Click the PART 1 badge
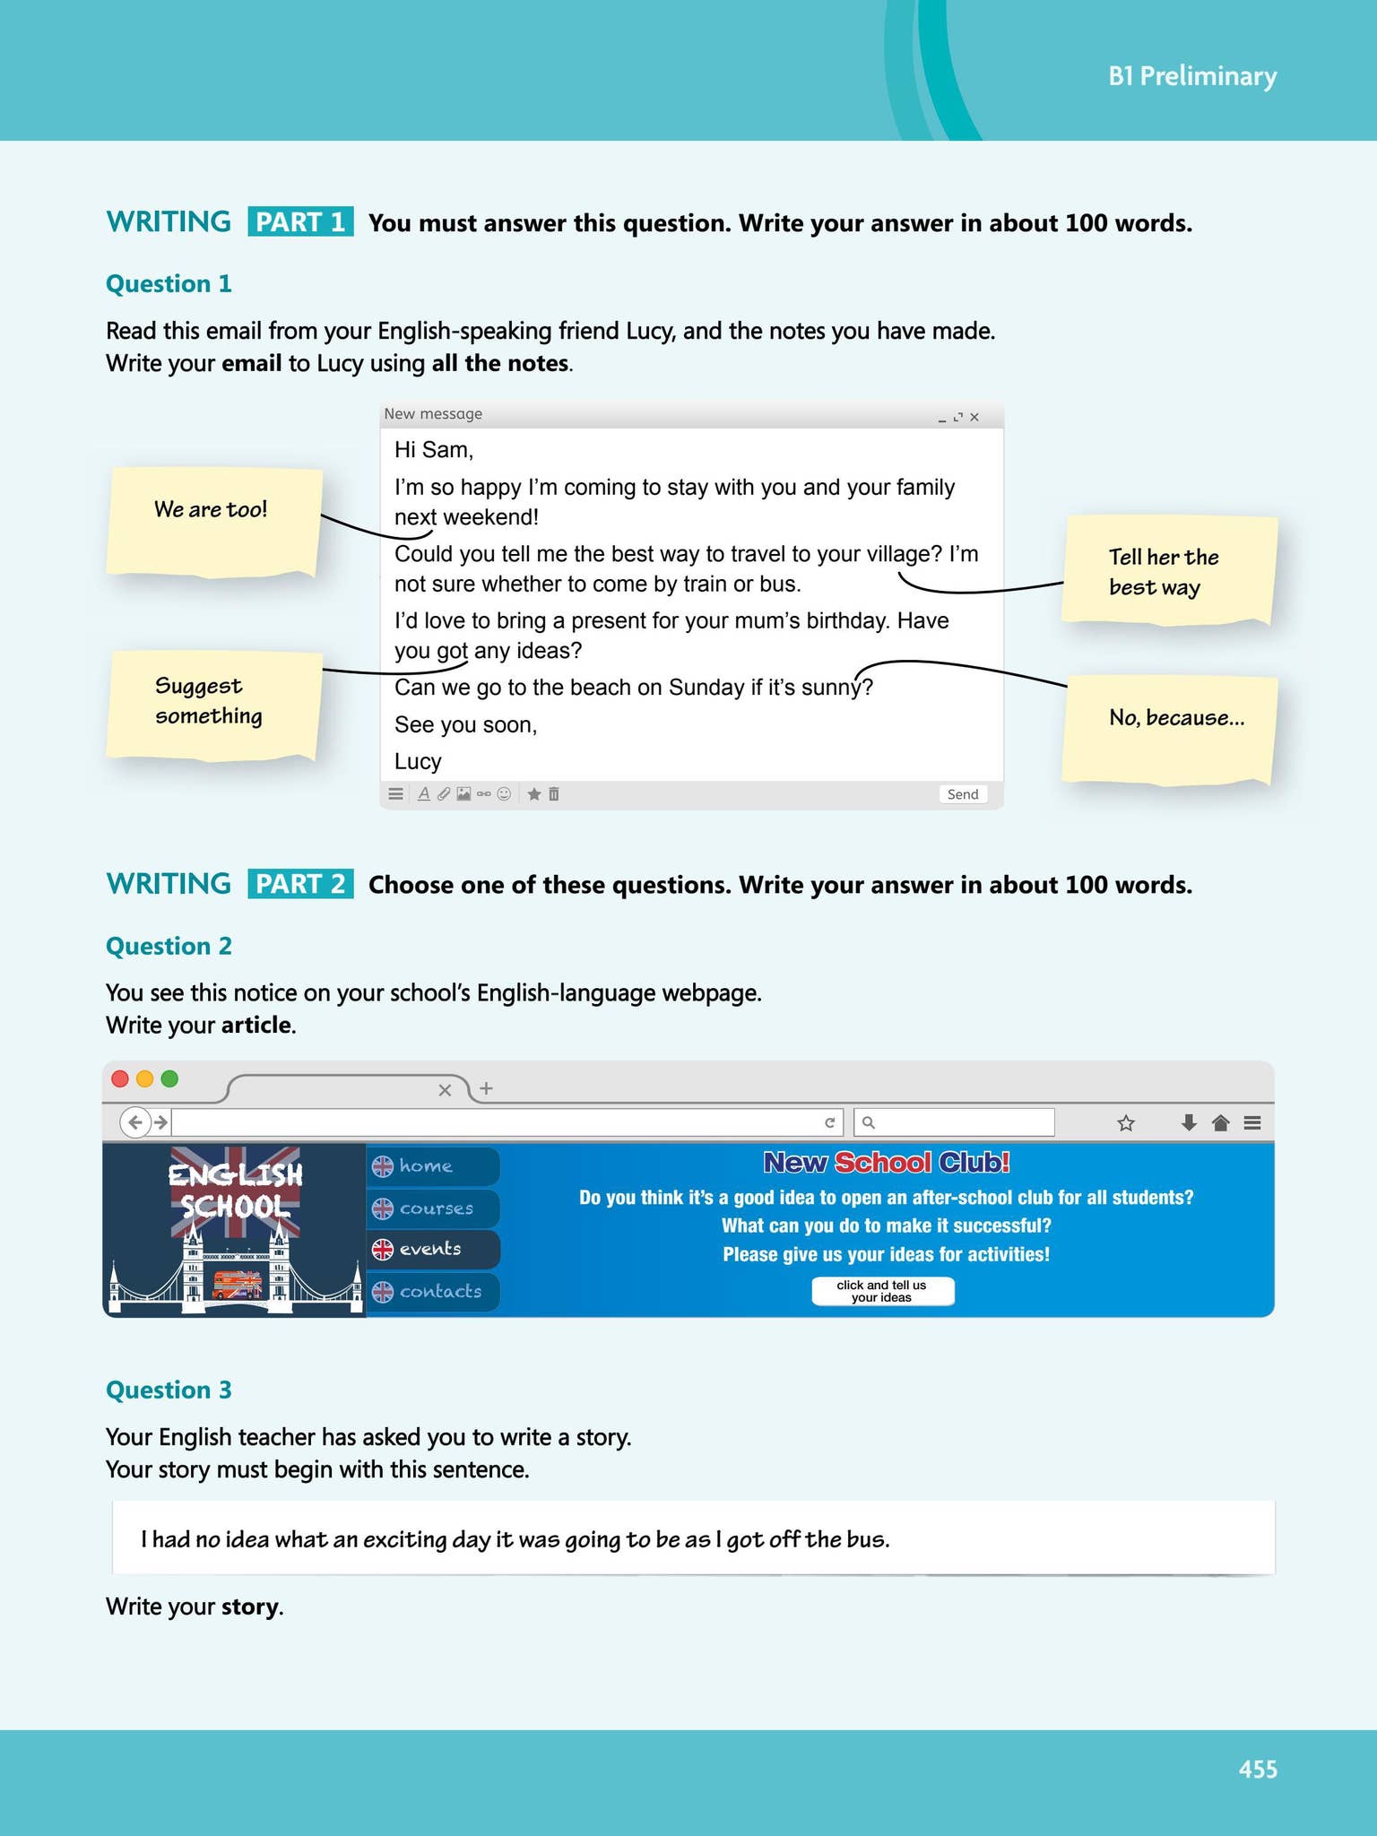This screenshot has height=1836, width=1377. click(300, 222)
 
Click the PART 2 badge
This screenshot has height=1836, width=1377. click(300, 884)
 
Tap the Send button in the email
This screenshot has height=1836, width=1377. click(963, 794)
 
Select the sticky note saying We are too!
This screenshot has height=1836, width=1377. click(213, 520)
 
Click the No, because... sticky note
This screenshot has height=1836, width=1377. click(1169, 728)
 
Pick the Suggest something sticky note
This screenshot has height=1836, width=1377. click(213, 705)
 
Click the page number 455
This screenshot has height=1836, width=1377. click(1258, 1769)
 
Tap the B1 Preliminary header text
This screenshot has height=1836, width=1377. click(1192, 76)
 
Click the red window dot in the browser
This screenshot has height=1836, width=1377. click(120, 1078)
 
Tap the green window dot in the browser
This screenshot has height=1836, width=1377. click(169, 1078)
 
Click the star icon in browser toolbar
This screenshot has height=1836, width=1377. click(1126, 1122)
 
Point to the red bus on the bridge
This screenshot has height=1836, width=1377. click(236, 1285)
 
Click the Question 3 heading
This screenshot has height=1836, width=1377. click(169, 1390)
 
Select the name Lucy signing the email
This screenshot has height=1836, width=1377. click(418, 761)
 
